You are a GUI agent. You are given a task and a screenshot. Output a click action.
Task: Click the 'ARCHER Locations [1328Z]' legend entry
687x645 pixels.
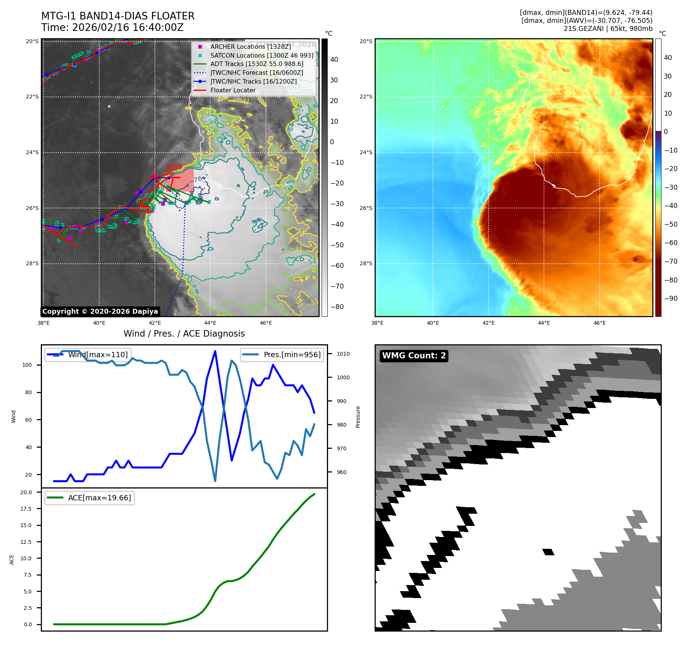(x=250, y=47)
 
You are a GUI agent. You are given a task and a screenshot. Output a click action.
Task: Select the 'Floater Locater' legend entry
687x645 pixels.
(x=233, y=90)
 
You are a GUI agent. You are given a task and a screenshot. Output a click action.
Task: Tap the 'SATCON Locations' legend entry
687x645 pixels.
(x=262, y=55)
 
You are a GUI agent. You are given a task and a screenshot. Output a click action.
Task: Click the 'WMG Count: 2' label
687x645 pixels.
(x=414, y=356)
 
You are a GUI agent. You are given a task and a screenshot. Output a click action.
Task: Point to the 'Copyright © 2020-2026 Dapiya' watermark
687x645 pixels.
(x=100, y=311)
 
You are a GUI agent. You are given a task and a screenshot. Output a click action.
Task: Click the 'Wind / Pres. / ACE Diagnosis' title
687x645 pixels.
(x=184, y=334)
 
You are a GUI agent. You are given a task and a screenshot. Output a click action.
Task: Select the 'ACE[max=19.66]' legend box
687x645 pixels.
(x=90, y=498)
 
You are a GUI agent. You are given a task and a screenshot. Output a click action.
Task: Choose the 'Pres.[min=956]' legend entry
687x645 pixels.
(x=282, y=355)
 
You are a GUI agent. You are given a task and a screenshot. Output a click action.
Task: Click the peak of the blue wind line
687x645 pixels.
(x=215, y=351)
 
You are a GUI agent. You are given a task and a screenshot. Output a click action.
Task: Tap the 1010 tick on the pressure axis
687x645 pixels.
(x=343, y=354)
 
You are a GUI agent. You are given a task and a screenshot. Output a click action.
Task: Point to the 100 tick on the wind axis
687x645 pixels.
(x=27, y=365)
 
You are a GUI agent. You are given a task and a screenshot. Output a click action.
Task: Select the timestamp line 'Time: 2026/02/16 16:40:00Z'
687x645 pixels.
(x=113, y=28)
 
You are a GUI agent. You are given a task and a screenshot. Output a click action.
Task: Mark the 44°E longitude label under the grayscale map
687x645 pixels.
(x=210, y=323)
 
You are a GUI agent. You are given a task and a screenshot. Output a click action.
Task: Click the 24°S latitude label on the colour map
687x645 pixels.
(x=366, y=152)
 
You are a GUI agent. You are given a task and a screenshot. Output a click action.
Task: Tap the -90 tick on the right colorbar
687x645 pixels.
(x=671, y=298)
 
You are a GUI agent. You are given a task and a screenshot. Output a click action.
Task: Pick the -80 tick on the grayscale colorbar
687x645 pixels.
(x=337, y=307)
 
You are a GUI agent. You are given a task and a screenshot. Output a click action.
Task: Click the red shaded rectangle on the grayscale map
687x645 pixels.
(x=180, y=177)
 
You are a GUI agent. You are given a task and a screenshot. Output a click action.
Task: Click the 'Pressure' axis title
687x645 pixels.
(x=358, y=417)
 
